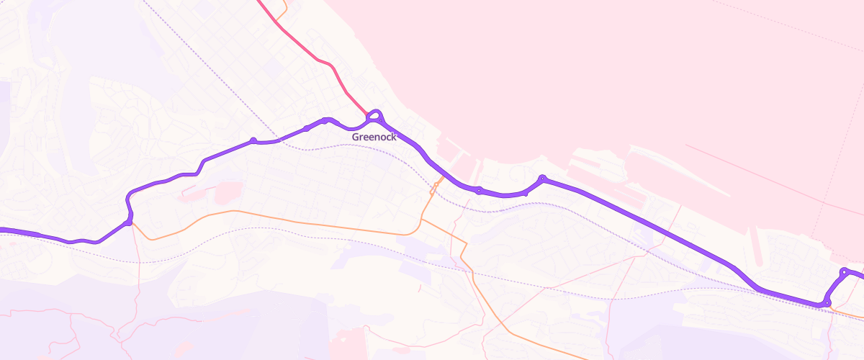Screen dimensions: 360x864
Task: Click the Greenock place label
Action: click(374, 137)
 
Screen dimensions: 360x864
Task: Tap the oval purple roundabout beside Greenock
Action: click(374, 116)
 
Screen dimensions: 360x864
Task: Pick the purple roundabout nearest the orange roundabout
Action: click(479, 190)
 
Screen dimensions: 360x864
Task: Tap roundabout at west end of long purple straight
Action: click(542, 178)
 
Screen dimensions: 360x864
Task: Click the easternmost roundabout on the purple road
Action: click(844, 271)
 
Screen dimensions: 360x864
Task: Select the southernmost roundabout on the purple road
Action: click(827, 302)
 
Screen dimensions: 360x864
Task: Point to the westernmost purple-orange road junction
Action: click(128, 222)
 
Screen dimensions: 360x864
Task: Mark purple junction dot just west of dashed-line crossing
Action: click(253, 140)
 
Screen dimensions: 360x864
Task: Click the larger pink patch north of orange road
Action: click(226, 192)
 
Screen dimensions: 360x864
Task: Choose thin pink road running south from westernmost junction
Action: click(135, 288)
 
